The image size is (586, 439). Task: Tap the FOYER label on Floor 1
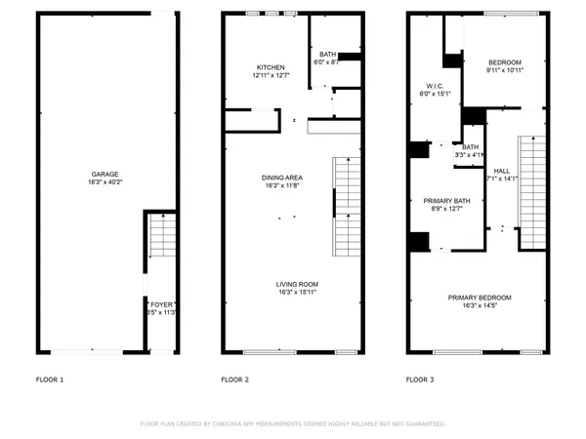(161, 304)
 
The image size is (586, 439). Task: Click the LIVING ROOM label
(297, 284)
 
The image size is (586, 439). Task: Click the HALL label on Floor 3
(502, 170)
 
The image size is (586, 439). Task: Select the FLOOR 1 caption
(50, 379)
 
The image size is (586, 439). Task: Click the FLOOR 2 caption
(234, 379)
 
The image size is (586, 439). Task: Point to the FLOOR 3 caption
(420, 379)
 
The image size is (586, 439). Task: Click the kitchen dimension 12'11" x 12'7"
(270, 76)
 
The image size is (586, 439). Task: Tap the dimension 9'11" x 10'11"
(505, 69)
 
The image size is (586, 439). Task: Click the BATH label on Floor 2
(327, 55)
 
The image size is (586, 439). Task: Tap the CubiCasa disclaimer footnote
(293, 424)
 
